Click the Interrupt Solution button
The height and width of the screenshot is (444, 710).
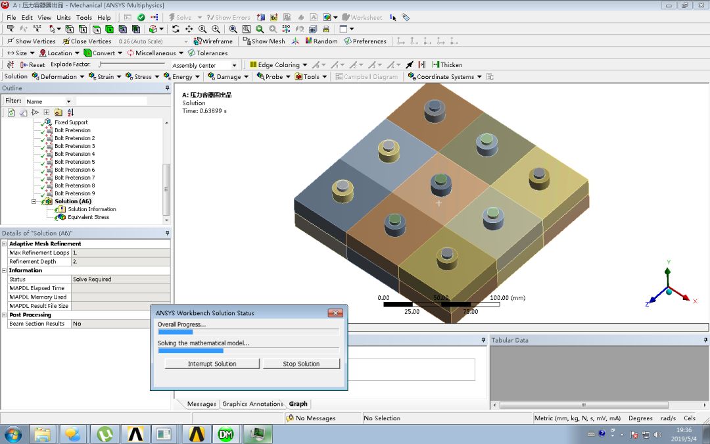(x=212, y=364)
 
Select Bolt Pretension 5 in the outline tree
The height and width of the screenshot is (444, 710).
(x=74, y=162)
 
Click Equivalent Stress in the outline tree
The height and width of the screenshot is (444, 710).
(x=88, y=217)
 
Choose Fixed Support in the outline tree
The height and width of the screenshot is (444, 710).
(x=70, y=122)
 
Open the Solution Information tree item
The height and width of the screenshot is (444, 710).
(x=91, y=209)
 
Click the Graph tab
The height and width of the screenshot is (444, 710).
(x=298, y=404)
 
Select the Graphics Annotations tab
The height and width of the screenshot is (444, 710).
(x=252, y=404)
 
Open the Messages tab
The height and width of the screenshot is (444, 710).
(x=201, y=404)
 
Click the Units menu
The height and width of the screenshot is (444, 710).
(x=64, y=17)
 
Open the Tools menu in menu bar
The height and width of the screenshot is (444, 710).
(x=84, y=17)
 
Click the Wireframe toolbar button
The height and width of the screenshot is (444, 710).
(x=214, y=41)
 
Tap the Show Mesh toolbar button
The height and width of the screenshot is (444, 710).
(x=264, y=41)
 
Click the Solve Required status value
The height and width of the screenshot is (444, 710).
(x=92, y=280)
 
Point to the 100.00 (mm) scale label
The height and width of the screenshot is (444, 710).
(x=508, y=298)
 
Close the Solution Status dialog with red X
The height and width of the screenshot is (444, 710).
(x=335, y=313)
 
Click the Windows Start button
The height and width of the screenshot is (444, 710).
(x=13, y=434)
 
